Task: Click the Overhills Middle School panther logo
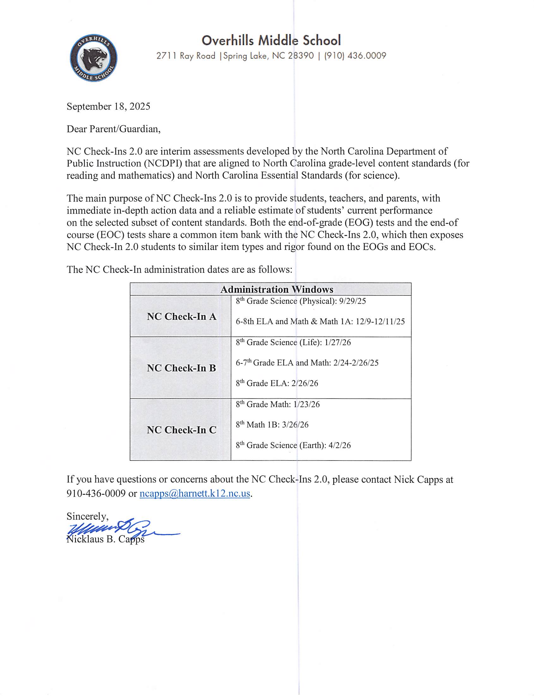tap(94, 58)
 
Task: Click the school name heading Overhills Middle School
tap(271, 40)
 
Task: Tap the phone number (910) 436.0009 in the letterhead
tap(355, 56)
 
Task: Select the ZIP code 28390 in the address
tap(301, 56)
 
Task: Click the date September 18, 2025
tap(108, 106)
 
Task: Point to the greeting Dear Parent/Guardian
tap(113, 129)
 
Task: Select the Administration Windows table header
tap(276, 289)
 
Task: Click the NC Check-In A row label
tap(181, 316)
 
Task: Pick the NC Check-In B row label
tap(181, 368)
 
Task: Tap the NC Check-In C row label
tap(181, 430)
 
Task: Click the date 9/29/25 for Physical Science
tap(352, 301)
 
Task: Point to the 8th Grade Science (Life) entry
tap(293, 342)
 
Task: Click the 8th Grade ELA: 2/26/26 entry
tap(277, 383)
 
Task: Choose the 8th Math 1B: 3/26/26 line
tap(272, 425)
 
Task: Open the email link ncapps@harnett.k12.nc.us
tap(195, 493)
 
